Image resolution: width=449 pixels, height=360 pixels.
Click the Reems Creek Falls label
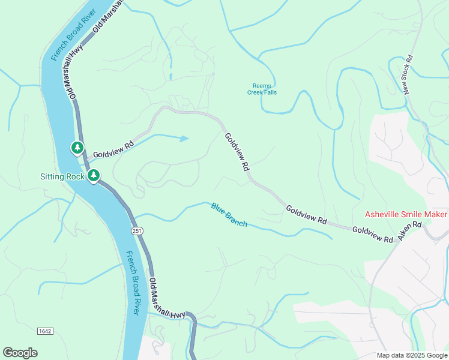click(262, 89)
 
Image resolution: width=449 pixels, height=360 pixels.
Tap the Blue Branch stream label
click(229, 214)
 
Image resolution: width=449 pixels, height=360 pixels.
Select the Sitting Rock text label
click(62, 176)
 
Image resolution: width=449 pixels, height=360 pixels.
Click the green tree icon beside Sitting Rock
click(94, 176)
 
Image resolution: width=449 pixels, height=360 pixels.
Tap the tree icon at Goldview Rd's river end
click(77, 147)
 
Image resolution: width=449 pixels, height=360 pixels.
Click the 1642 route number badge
click(44, 331)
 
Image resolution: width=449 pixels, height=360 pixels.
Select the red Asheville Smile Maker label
click(406, 215)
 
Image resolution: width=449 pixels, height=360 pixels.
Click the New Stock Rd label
click(408, 75)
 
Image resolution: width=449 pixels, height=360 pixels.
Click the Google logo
click(20, 353)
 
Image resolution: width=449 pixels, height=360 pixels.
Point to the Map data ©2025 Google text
click(412, 355)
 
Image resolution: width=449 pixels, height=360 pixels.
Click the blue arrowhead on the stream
click(185, 139)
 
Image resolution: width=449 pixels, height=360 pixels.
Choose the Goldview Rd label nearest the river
click(113, 149)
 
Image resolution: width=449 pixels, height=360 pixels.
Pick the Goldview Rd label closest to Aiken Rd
click(372, 234)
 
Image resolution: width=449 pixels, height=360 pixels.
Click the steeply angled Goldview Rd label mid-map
click(237, 152)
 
